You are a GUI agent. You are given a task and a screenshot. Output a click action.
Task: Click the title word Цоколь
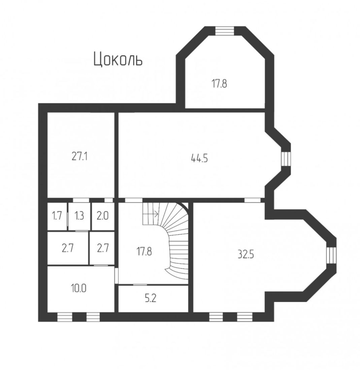[x=118, y=60]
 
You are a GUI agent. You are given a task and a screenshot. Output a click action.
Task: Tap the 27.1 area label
[x=79, y=156]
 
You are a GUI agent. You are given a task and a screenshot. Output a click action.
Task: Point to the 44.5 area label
[x=199, y=158]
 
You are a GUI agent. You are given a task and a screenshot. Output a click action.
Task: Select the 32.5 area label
[x=246, y=255]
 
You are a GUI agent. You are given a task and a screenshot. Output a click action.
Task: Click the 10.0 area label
[x=79, y=288]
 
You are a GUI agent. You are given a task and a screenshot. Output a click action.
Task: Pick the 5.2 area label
[x=151, y=298]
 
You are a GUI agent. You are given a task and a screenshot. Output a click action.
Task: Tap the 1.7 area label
[x=57, y=216]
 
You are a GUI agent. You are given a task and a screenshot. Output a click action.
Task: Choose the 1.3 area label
[x=79, y=216]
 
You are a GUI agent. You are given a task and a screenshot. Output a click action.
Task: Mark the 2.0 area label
[x=103, y=216]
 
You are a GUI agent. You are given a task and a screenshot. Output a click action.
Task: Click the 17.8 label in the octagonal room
[x=219, y=83]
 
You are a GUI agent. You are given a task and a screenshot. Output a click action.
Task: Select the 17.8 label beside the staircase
[x=144, y=252]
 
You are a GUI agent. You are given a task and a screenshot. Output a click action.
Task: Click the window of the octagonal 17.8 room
[x=225, y=31]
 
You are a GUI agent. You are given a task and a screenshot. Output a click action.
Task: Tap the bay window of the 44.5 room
[x=286, y=159]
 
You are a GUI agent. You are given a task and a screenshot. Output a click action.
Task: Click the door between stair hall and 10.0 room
[x=117, y=275]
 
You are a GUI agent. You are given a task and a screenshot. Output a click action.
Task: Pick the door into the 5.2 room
[x=140, y=285]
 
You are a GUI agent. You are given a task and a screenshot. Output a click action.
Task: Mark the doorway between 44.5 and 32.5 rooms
[x=252, y=200]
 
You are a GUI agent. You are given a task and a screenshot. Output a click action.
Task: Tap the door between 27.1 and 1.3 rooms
[x=81, y=200]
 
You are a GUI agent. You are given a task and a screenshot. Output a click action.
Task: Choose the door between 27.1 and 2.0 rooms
[x=109, y=200]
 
